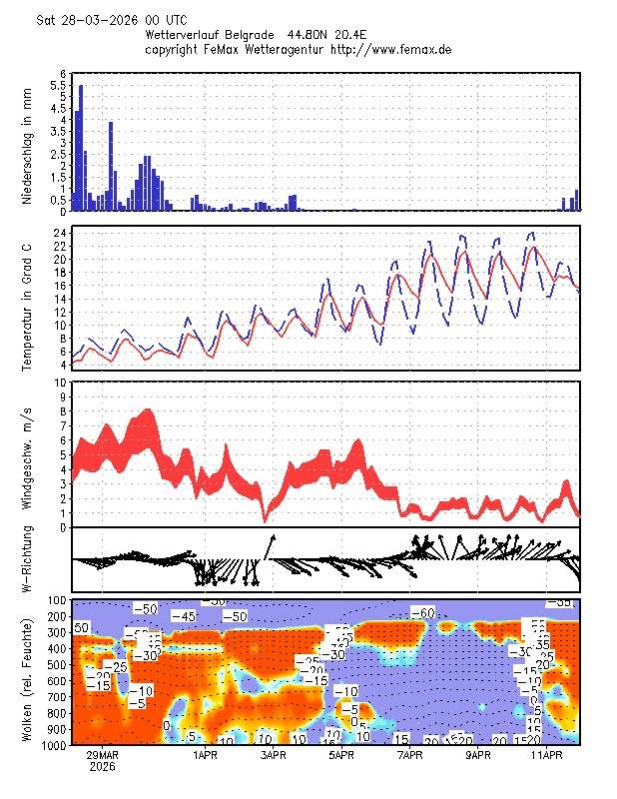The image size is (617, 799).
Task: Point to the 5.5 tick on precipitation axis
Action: click(x=58, y=86)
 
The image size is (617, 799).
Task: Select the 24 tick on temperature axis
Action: click(x=60, y=234)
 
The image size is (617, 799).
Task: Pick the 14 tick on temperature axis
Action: click(x=60, y=299)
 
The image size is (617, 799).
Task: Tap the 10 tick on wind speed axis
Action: click(x=60, y=383)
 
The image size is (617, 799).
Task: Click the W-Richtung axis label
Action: click(x=28, y=560)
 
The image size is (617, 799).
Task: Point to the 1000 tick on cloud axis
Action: click(x=54, y=745)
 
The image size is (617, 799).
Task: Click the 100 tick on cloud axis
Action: click(x=57, y=600)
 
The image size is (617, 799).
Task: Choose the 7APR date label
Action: click(x=410, y=756)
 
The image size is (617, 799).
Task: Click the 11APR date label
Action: click(x=546, y=756)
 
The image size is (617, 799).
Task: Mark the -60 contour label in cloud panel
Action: click(x=423, y=612)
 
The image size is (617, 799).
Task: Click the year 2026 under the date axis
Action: click(x=102, y=768)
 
